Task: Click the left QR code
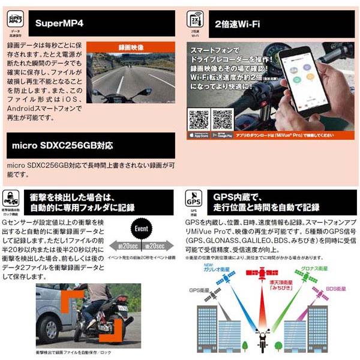tap(199, 119)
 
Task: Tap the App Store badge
tap(199, 136)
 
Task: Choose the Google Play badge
tap(222, 136)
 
